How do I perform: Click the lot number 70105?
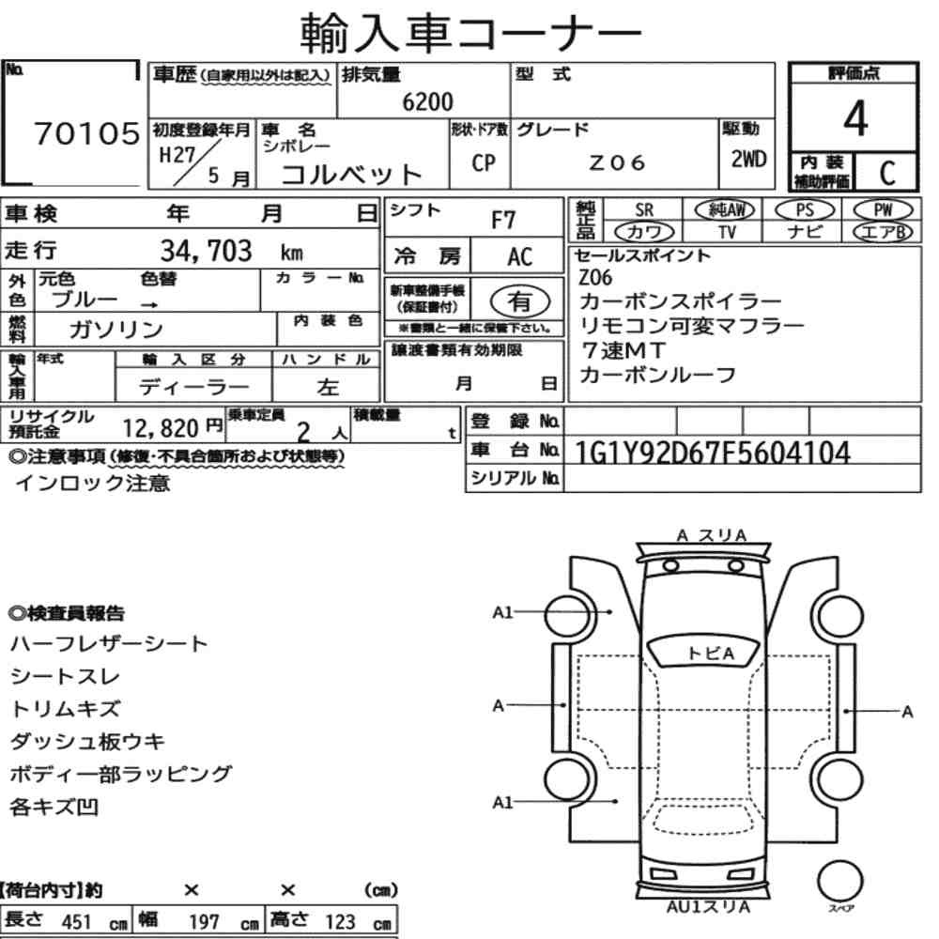click(x=86, y=133)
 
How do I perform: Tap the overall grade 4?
click(x=855, y=118)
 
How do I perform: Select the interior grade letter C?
click(x=887, y=173)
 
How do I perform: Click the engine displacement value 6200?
click(x=427, y=101)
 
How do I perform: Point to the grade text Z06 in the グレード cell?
click(x=617, y=162)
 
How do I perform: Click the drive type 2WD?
click(x=748, y=160)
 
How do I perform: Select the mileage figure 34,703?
click(x=206, y=251)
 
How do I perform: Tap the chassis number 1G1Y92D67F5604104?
click(x=712, y=453)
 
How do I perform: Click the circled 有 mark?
click(x=520, y=301)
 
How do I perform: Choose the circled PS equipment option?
click(x=805, y=210)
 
